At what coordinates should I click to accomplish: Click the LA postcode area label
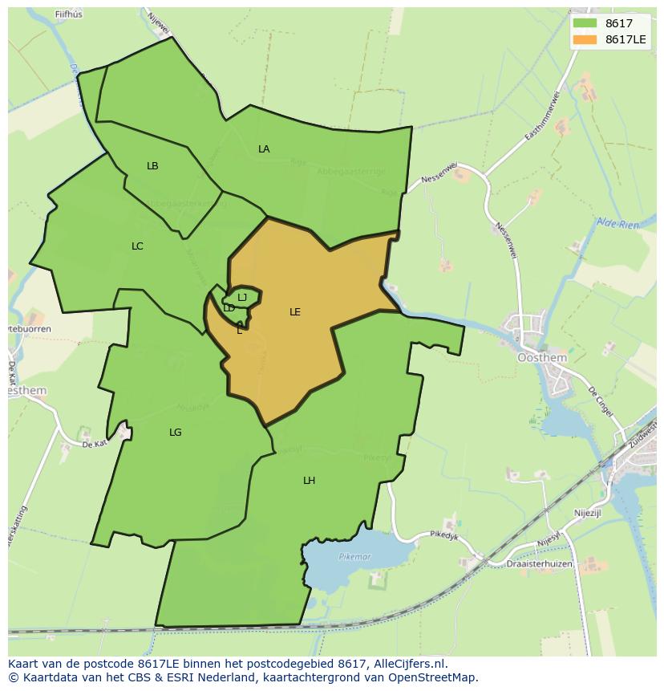264,149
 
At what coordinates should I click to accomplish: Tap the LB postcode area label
152,166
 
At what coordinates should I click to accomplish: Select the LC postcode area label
137,246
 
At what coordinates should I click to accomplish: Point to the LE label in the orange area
295,312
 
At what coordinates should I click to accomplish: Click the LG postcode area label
176,433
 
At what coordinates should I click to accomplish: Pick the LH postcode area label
309,481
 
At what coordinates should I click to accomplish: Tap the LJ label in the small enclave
242,298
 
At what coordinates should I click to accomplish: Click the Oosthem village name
542,358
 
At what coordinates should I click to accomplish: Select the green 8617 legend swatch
585,23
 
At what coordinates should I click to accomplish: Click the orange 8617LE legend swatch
585,39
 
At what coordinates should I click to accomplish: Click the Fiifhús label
70,14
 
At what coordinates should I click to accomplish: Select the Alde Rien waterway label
617,224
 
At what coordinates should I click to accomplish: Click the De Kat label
94,443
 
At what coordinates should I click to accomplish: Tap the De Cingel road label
601,400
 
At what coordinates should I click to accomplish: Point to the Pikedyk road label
443,535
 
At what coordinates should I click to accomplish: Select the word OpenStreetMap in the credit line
433,677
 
